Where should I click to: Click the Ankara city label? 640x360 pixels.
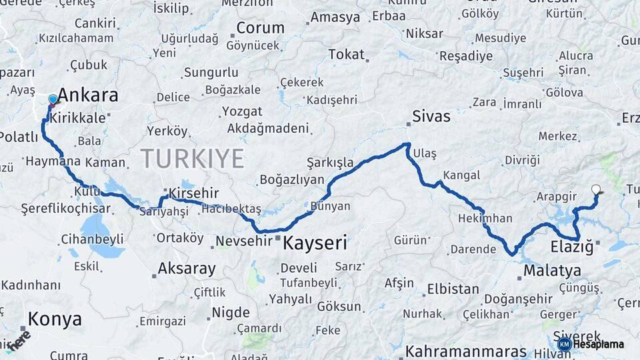[88, 95]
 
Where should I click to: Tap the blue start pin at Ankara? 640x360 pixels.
[53, 100]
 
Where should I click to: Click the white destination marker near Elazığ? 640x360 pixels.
[595, 189]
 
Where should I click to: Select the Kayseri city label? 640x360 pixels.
[315, 243]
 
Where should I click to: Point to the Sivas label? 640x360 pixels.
[431, 117]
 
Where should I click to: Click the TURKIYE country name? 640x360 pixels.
[192, 159]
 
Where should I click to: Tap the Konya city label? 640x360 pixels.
[55, 319]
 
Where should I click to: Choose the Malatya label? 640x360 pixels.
[552, 271]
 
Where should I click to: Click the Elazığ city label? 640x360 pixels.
[571, 247]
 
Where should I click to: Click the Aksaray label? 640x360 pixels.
[187, 269]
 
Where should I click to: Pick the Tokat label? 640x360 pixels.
[347, 55]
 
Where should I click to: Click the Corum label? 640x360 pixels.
[260, 29]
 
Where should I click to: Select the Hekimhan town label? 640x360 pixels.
[485, 218]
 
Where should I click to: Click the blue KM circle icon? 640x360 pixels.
[565, 344]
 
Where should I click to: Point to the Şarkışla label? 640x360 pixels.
[330, 162]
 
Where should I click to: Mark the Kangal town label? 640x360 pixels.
[461, 175]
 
